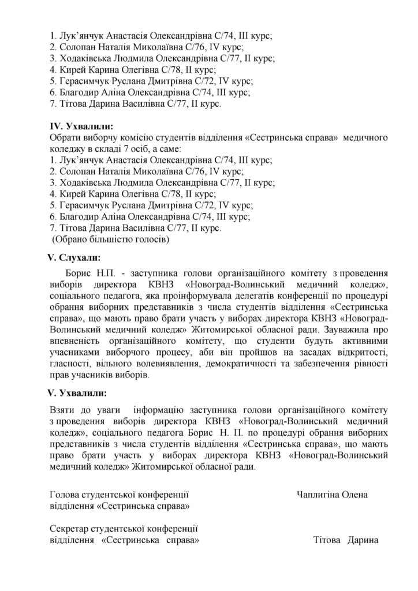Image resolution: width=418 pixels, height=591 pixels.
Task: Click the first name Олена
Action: pyautogui.click(x=356, y=495)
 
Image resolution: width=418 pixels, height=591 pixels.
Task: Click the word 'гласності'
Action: pyautogui.click(x=73, y=364)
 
